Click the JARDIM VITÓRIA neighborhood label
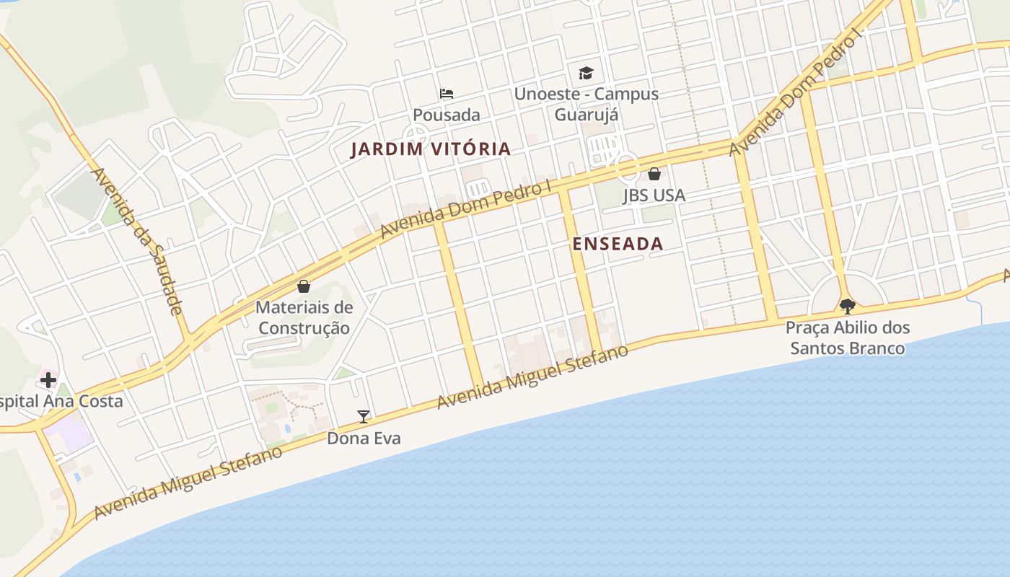click(431, 149)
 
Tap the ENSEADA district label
click(618, 244)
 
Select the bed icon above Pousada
click(447, 94)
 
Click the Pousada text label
click(447, 115)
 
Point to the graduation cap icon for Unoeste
click(586, 73)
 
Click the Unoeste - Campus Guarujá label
click(586, 104)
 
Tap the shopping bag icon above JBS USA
click(654, 174)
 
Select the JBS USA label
click(654, 195)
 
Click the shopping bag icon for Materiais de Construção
click(304, 286)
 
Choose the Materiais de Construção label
click(304, 317)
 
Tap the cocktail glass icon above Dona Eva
click(364, 417)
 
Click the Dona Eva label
click(364, 439)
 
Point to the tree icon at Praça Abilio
click(848, 307)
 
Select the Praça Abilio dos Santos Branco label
click(848, 338)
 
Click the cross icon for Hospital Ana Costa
click(48, 379)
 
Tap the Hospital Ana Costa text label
click(61, 402)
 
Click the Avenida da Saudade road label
click(136, 241)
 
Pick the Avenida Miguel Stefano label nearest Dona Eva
click(533, 376)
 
